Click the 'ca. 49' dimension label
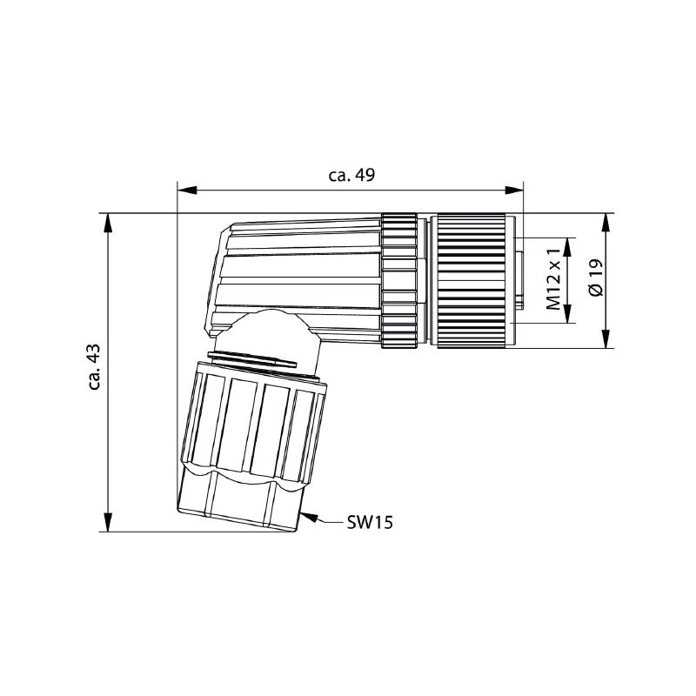[351, 175]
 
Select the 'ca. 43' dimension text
[94, 367]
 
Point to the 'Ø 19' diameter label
[596, 278]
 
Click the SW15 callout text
[370, 523]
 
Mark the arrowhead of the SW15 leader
[309, 517]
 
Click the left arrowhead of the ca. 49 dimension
[187, 190]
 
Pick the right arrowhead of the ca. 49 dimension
[514, 190]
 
